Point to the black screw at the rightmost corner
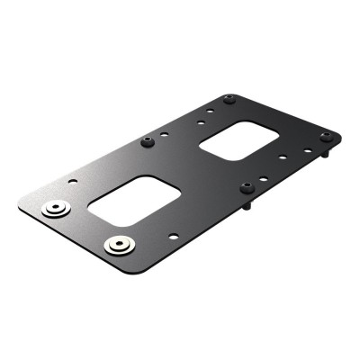coord(326,137)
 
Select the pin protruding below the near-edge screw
coord(247,206)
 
